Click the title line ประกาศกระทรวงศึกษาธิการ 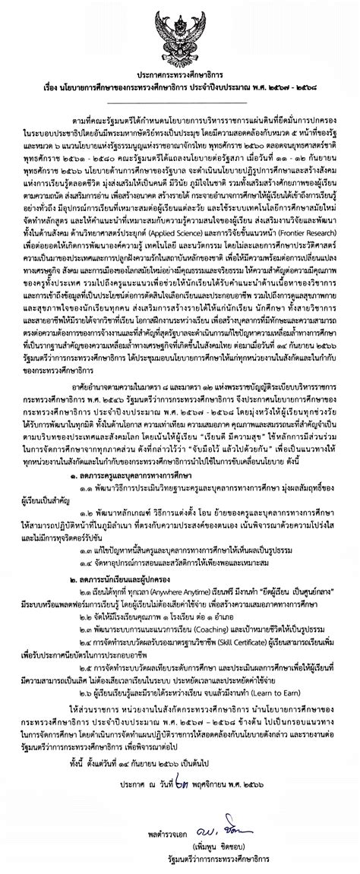180,67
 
